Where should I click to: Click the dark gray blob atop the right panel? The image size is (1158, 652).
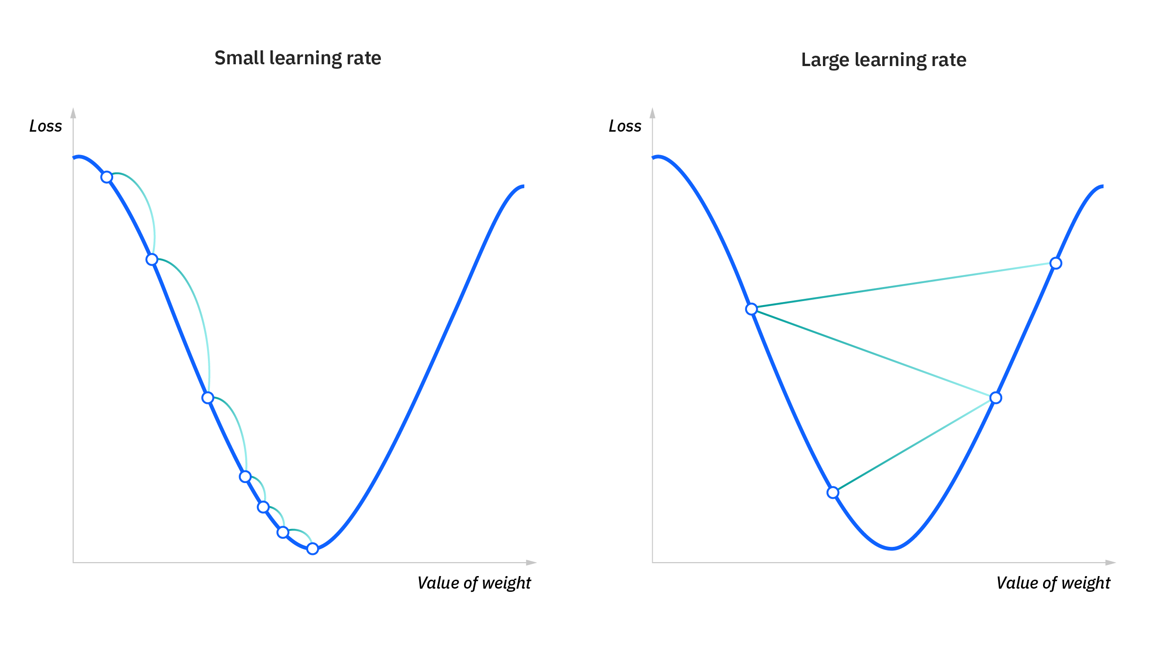890,103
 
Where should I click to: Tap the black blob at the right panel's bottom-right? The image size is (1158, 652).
1048,584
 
